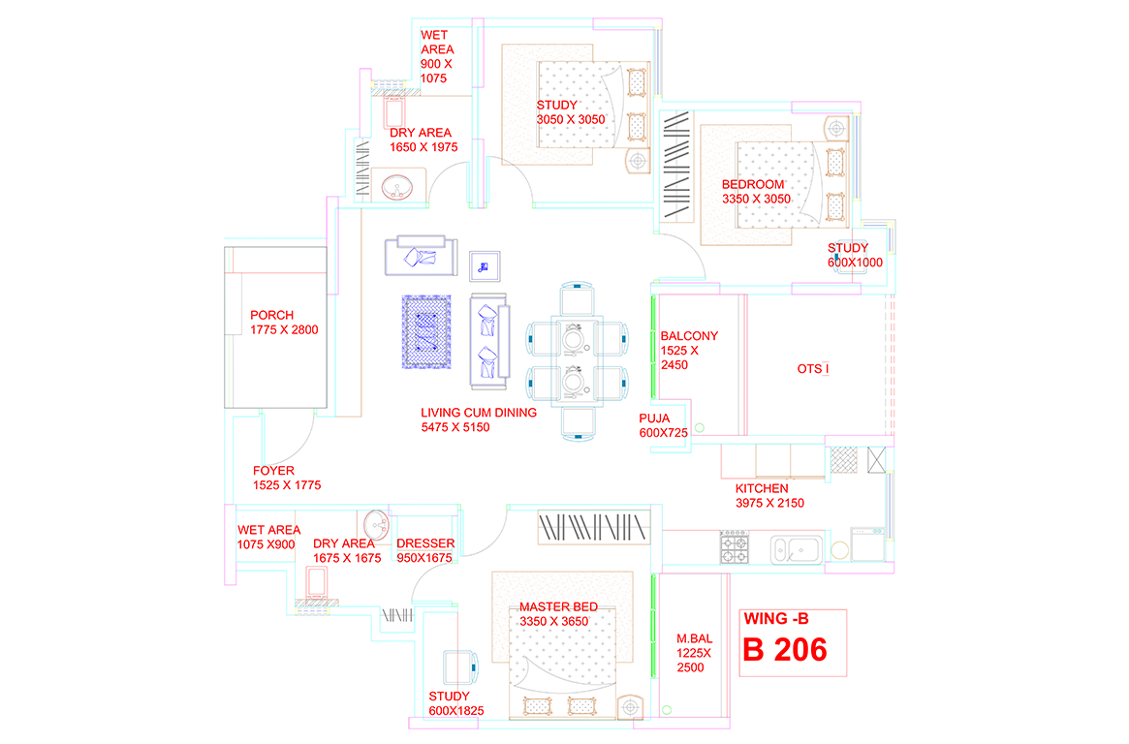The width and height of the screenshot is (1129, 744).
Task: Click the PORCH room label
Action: [x=271, y=315]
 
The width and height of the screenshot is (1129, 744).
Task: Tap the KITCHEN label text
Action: [x=761, y=488]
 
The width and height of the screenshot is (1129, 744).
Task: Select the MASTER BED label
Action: [x=558, y=607]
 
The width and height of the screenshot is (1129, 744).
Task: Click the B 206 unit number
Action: [x=785, y=650]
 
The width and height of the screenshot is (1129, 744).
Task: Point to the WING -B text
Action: [x=775, y=619]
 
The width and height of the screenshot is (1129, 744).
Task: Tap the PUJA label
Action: [x=654, y=418]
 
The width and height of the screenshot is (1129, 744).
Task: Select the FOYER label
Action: [x=273, y=471]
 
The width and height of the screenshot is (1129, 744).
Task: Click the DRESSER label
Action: [x=424, y=543]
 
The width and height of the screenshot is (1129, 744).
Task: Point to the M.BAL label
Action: [x=694, y=639]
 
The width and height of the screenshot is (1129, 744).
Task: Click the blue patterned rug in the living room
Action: [x=426, y=331]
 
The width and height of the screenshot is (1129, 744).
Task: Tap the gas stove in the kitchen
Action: [x=735, y=548]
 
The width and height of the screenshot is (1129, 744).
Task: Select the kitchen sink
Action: [x=797, y=549]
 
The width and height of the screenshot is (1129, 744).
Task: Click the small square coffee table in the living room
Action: [x=485, y=266]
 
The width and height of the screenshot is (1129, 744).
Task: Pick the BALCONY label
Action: [x=689, y=336]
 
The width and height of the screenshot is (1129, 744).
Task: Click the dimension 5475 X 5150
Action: [x=455, y=427]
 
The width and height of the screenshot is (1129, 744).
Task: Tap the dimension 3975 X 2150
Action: [x=769, y=504]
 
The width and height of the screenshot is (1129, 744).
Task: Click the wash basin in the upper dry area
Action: [x=395, y=186]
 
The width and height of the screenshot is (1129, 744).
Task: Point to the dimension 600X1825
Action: [x=455, y=711]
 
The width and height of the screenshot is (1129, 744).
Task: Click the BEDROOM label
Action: [x=752, y=184]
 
